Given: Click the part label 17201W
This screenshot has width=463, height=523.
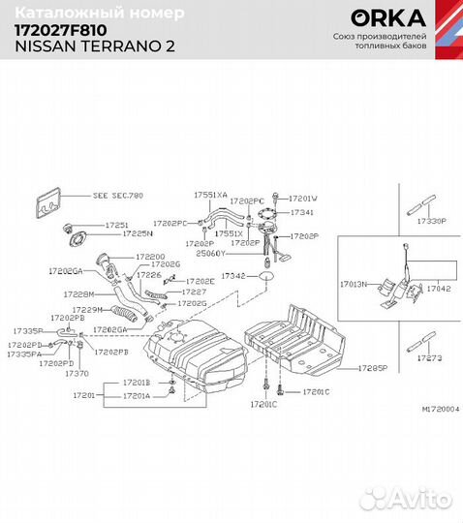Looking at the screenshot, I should click(303, 198).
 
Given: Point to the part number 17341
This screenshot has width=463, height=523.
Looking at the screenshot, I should click(302, 211).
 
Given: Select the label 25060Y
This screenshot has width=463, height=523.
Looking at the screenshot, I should click(210, 253).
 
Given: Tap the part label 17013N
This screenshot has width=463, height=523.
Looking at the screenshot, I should click(354, 286).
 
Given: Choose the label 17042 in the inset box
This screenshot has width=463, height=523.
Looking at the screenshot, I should click(439, 288).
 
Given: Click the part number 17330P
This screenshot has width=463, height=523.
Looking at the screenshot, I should click(430, 222).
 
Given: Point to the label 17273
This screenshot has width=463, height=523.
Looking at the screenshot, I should click(429, 357).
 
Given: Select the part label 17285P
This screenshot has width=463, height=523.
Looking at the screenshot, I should click(372, 369).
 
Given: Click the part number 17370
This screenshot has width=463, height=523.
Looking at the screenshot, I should click(77, 372).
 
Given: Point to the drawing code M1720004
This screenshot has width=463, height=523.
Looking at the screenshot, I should click(440, 409).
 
